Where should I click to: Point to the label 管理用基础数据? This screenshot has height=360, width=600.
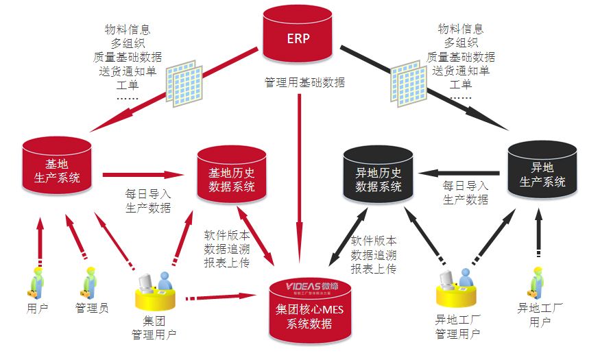[x=304, y=83]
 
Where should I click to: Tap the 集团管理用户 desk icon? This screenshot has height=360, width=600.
[x=154, y=291]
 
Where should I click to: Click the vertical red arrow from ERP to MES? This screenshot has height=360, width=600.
[x=300, y=171]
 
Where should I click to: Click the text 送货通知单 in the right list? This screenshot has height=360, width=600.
[x=460, y=71]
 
